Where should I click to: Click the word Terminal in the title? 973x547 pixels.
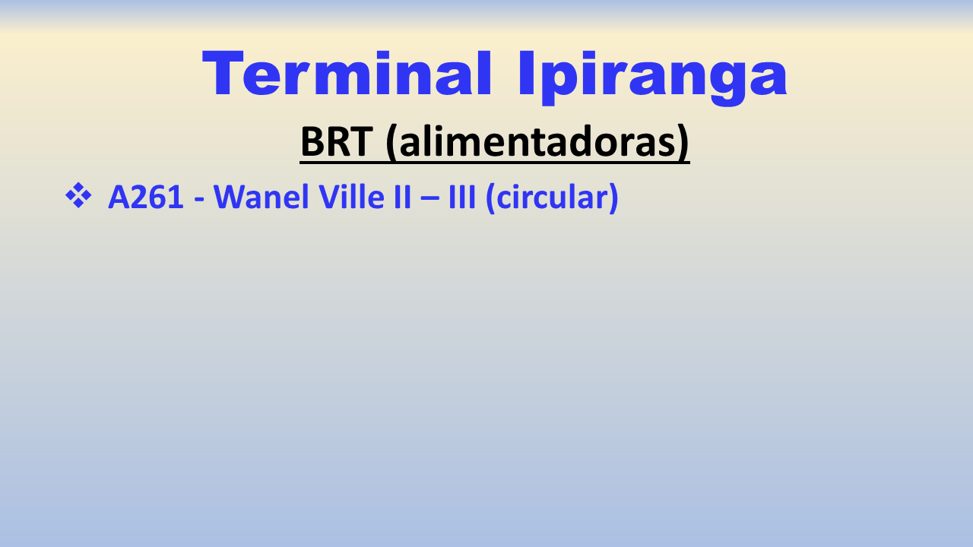[347, 73]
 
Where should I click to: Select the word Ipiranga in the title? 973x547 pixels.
[652, 77]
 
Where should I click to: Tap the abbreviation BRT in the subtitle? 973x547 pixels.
[337, 141]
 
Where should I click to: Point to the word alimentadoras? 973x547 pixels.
[537, 141]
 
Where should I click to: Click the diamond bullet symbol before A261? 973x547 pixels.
[78, 195]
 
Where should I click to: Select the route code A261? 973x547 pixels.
[146, 197]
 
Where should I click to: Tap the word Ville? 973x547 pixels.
[352, 197]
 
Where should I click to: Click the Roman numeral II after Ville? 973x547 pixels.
[402, 197]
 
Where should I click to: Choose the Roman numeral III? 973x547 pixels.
[462, 197]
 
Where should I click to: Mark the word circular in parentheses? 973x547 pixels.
[552, 197]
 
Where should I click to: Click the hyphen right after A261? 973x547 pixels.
[199, 200]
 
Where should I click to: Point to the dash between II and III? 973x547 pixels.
[429, 199]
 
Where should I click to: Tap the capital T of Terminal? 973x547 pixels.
[223, 73]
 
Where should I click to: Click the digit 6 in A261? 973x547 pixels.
[154, 197]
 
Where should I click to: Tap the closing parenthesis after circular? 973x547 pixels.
[613, 198]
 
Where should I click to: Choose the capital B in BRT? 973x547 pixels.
[312, 141]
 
